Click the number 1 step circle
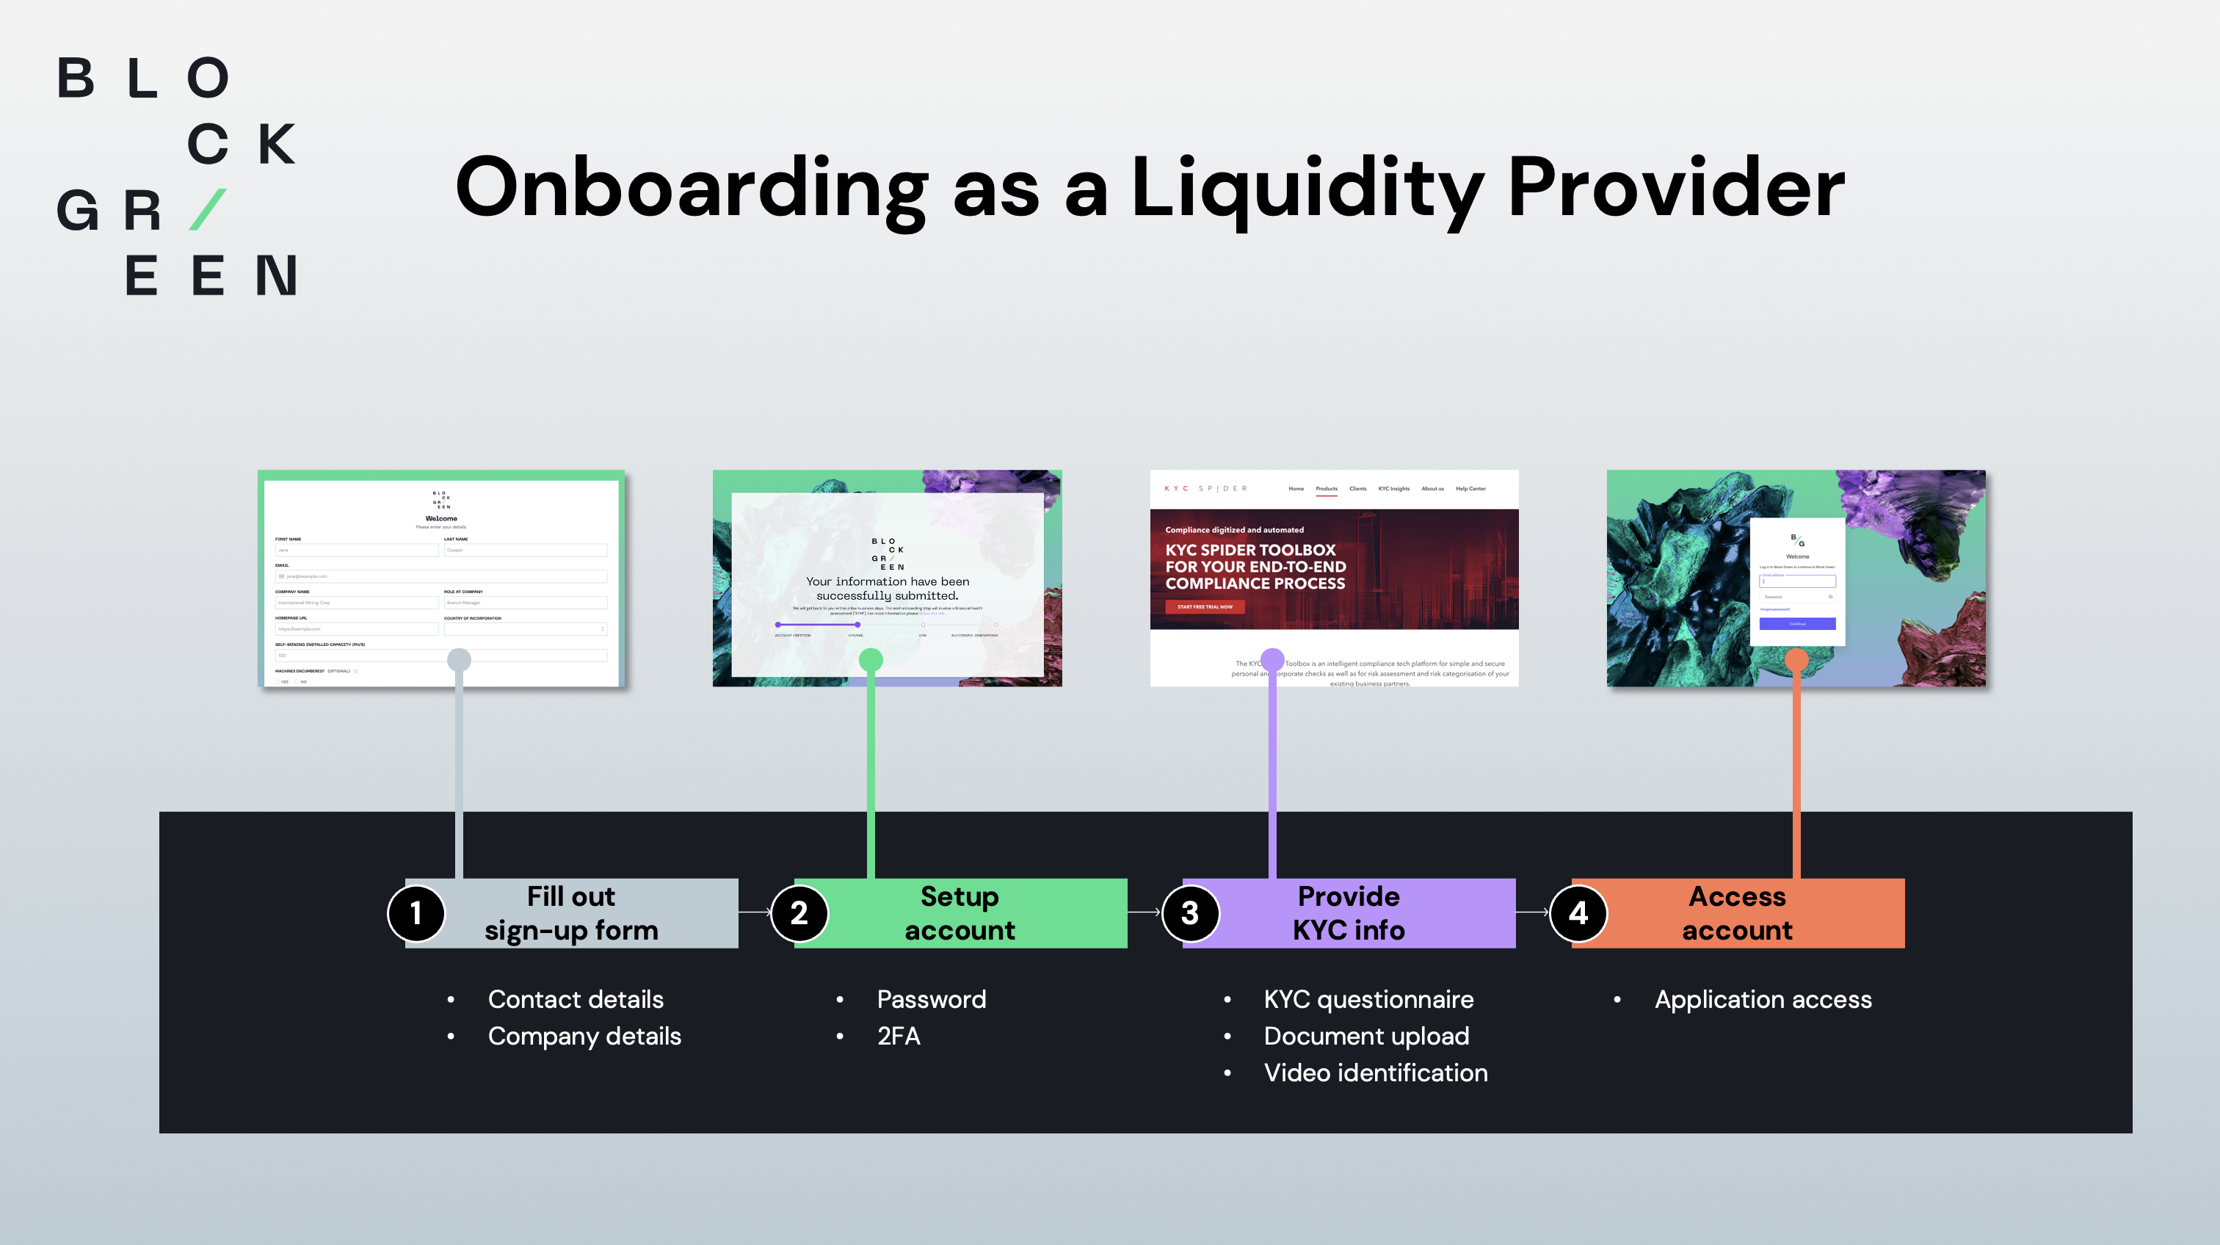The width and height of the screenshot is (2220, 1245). click(x=416, y=913)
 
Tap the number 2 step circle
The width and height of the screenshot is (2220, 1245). click(x=799, y=913)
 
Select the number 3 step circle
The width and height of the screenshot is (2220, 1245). click(x=1189, y=913)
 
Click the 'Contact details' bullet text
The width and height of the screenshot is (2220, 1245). click(x=576, y=999)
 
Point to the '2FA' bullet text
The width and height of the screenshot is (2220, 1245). click(x=898, y=1036)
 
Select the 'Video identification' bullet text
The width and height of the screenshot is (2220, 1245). click(x=1376, y=1072)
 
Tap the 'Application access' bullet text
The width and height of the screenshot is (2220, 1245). click(x=1763, y=999)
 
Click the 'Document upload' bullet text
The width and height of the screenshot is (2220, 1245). click(x=1366, y=1036)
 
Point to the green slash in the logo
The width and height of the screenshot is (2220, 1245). click(x=208, y=209)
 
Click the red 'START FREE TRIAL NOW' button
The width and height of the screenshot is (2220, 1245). click(x=1205, y=606)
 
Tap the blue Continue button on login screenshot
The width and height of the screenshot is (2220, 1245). click(x=1797, y=624)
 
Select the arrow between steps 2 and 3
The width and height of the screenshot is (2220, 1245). click(x=1145, y=912)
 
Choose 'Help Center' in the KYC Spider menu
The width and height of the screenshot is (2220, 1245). click(x=1470, y=488)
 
